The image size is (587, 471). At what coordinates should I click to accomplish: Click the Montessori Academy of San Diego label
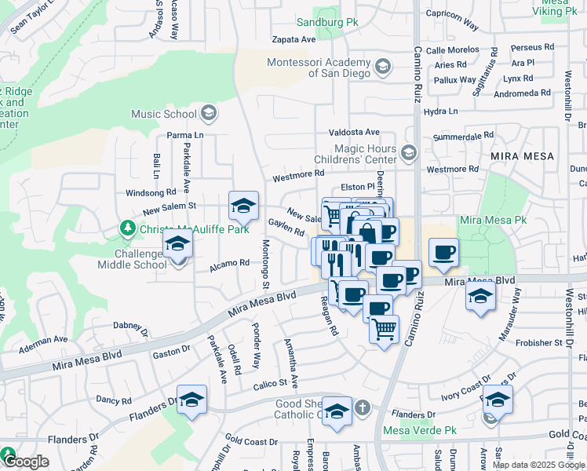(x=318, y=68)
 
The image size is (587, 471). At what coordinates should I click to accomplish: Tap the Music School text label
(x=164, y=114)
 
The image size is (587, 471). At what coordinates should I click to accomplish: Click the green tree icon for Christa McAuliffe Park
(x=127, y=228)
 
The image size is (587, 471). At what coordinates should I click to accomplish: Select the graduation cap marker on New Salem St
(x=243, y=206)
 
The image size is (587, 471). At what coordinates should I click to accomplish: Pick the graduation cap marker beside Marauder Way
(x=480, y=296)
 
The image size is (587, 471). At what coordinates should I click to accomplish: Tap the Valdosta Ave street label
(x=354, y=133)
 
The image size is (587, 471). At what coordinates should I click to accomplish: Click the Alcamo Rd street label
(x=229, y=266)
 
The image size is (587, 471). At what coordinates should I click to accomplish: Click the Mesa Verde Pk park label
(x=419, y=430)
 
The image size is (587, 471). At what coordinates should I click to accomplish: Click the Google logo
(x=26, y=462)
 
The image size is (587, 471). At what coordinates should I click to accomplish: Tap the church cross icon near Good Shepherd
(x=362, y=407)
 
